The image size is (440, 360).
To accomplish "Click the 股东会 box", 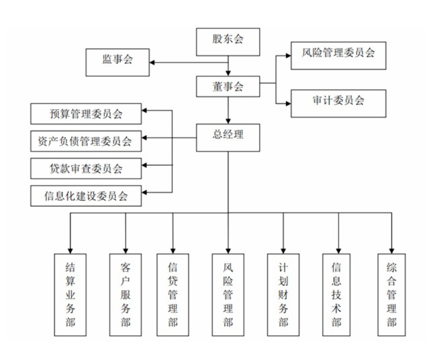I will coord(229,41).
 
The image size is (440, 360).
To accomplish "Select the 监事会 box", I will coord(118,62).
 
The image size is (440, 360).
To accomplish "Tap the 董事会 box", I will coord(229,87).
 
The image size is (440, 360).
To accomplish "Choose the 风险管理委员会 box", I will coord(338,55).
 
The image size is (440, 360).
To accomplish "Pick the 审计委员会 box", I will coord(338,102).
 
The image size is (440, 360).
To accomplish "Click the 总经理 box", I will coord(229,136).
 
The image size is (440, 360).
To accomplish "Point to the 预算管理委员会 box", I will coord(86,115).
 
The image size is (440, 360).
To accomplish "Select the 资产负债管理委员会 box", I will coord(86,142).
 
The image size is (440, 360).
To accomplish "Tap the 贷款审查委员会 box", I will coord(86,169).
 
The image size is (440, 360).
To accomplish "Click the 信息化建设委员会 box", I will coord(86,195).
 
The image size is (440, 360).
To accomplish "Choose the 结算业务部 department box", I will coord(70,292).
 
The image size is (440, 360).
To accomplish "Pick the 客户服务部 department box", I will coord(126,292).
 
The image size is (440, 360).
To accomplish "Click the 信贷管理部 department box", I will coord(173,292).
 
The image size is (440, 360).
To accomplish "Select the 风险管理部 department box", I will coord(228,292).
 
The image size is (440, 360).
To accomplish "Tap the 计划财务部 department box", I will coord(283,292).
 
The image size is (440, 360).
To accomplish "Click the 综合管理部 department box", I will coord(391,292).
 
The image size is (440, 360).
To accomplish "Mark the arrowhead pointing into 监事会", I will coord(152,63).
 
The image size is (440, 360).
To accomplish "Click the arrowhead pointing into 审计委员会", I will coord(288,102).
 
